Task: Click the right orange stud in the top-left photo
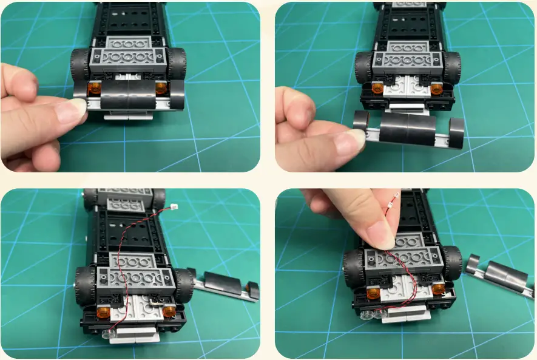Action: (x=161, y=88)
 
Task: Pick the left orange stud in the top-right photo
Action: (x=377, y=88)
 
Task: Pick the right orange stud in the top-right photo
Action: (x=436, y=89)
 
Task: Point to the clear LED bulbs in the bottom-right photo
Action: (x=377, y=314)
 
